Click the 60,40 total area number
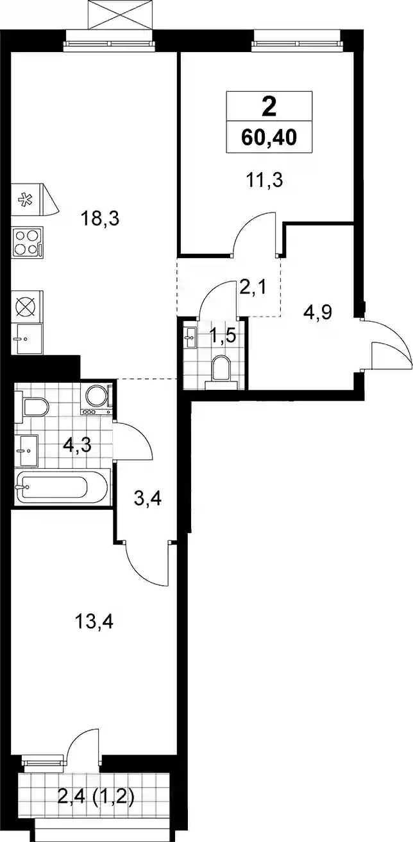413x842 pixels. tap(269, 138)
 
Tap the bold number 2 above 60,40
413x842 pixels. tap(269, 107)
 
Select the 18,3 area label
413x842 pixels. tap(100, 219)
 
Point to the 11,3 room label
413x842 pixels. tap(264, 180)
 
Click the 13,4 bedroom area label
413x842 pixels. tap(94, 622)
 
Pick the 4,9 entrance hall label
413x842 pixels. tap(317, 312)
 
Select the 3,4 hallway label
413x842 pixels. tap(148, 500)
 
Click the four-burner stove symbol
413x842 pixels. tap(28, 241)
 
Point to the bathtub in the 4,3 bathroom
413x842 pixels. tap(62, 487)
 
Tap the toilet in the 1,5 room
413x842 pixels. tap(221, 373)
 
